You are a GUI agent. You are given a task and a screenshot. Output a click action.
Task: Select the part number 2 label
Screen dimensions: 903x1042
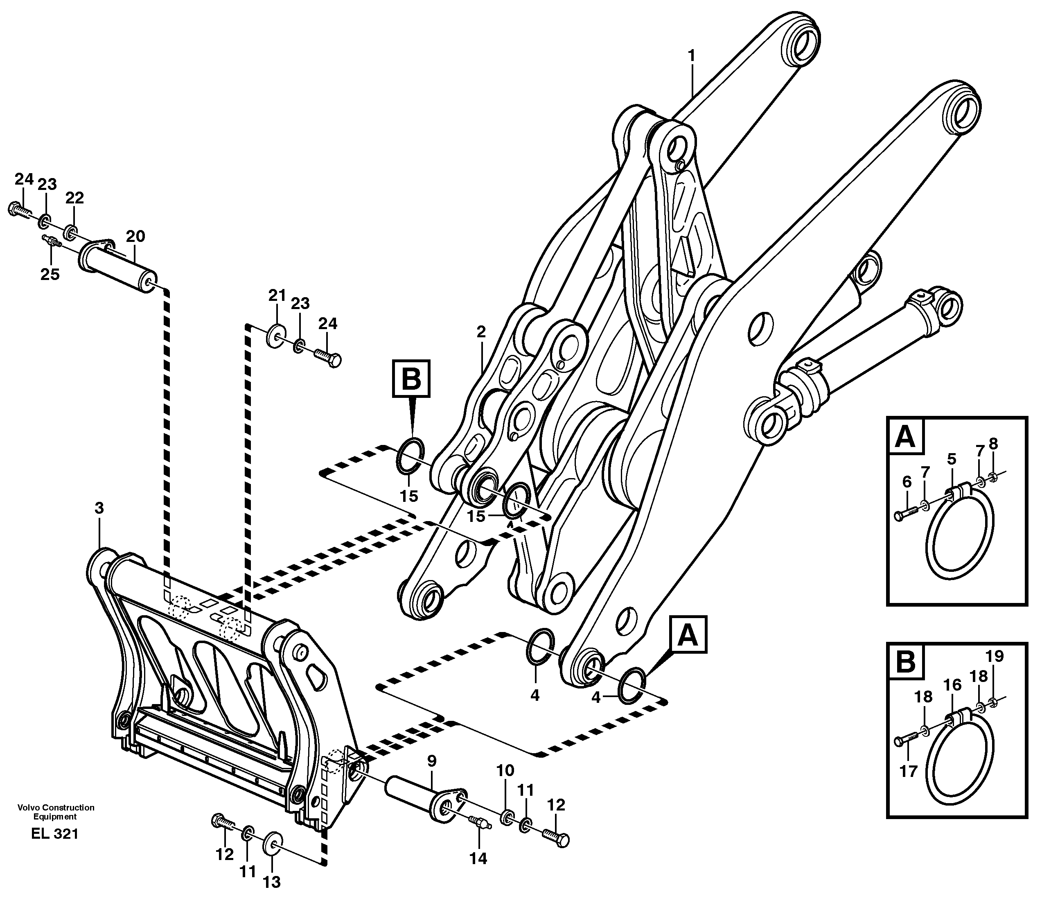point(481,332)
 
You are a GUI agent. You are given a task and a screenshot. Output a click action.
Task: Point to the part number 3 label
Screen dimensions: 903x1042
point(99,508)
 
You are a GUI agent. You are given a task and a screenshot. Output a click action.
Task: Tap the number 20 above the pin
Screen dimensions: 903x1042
point(135,236)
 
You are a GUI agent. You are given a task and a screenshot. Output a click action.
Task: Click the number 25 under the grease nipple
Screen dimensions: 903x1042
point(50,274)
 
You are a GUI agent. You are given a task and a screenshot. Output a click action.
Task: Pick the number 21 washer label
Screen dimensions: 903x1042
point(277,295)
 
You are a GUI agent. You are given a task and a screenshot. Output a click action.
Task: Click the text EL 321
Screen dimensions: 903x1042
point(55,833)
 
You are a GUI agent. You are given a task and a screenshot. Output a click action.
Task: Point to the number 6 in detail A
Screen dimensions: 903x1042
point(907,482)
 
